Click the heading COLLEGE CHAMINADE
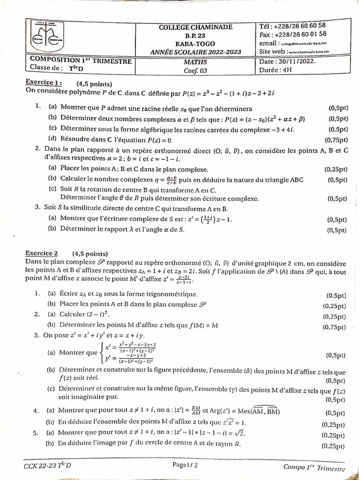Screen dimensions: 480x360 point(195,27)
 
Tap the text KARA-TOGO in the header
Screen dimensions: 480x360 point(195,43)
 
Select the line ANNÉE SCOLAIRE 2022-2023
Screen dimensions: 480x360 point(195,51)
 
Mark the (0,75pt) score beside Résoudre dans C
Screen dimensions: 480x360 point(336,140)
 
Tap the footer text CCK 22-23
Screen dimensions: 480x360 point(39,465)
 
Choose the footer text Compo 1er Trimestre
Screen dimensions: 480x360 point(314,467)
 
